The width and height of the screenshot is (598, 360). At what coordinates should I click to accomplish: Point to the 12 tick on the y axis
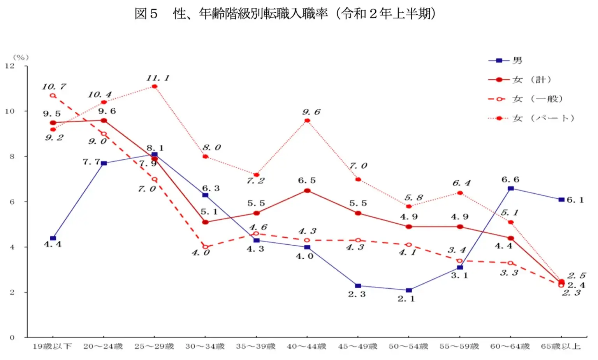(x=10, y=66)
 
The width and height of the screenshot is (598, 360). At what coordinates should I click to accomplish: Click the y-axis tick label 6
(x=12, y=202)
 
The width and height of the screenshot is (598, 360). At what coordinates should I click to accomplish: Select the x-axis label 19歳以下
(x=52, y=346)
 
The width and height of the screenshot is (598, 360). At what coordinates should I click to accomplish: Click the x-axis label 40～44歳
(x=306, y=346)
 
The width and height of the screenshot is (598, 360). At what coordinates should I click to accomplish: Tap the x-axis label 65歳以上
(x=561, y=346)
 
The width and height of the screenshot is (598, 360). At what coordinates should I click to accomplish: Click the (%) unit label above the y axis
(x=21, y=57)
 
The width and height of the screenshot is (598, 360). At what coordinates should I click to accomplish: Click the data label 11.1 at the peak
(x=158, y=78)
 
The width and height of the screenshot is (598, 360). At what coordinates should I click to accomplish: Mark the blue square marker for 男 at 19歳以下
(x=53, y=238)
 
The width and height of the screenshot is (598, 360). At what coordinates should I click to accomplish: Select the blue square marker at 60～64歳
(x=511, y=189)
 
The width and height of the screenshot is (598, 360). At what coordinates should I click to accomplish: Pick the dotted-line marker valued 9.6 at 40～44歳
(x=307, y=120)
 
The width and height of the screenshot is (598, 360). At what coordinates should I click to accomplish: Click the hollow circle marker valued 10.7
(x=53, y=95)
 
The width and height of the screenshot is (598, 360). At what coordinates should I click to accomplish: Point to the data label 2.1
(x=406, y=299)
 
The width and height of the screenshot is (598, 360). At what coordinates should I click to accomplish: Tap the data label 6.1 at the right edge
(x=575, y=200)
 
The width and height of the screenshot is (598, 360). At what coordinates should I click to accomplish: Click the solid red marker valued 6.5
(x=307, y=191)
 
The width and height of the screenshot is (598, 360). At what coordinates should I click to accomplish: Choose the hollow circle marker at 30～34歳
(x=205, y=247)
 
